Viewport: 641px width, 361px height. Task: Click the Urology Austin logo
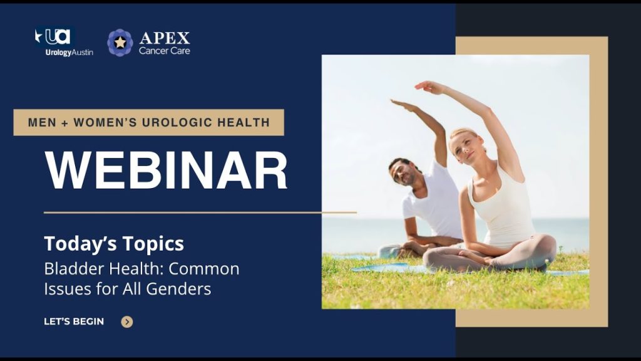[x=64, y=42]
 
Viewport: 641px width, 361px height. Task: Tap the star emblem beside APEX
[x=120, y=43]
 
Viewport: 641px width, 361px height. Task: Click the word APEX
[x=165, y=38]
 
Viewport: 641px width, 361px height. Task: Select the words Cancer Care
[x=165, y=51]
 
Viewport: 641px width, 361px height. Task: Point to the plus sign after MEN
[x=65, y=123]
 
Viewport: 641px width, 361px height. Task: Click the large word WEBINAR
[x=166, y=170]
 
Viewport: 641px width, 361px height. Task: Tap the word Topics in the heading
[x=153, y=244]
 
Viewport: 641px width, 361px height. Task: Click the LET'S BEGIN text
[x=74, y=322]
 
